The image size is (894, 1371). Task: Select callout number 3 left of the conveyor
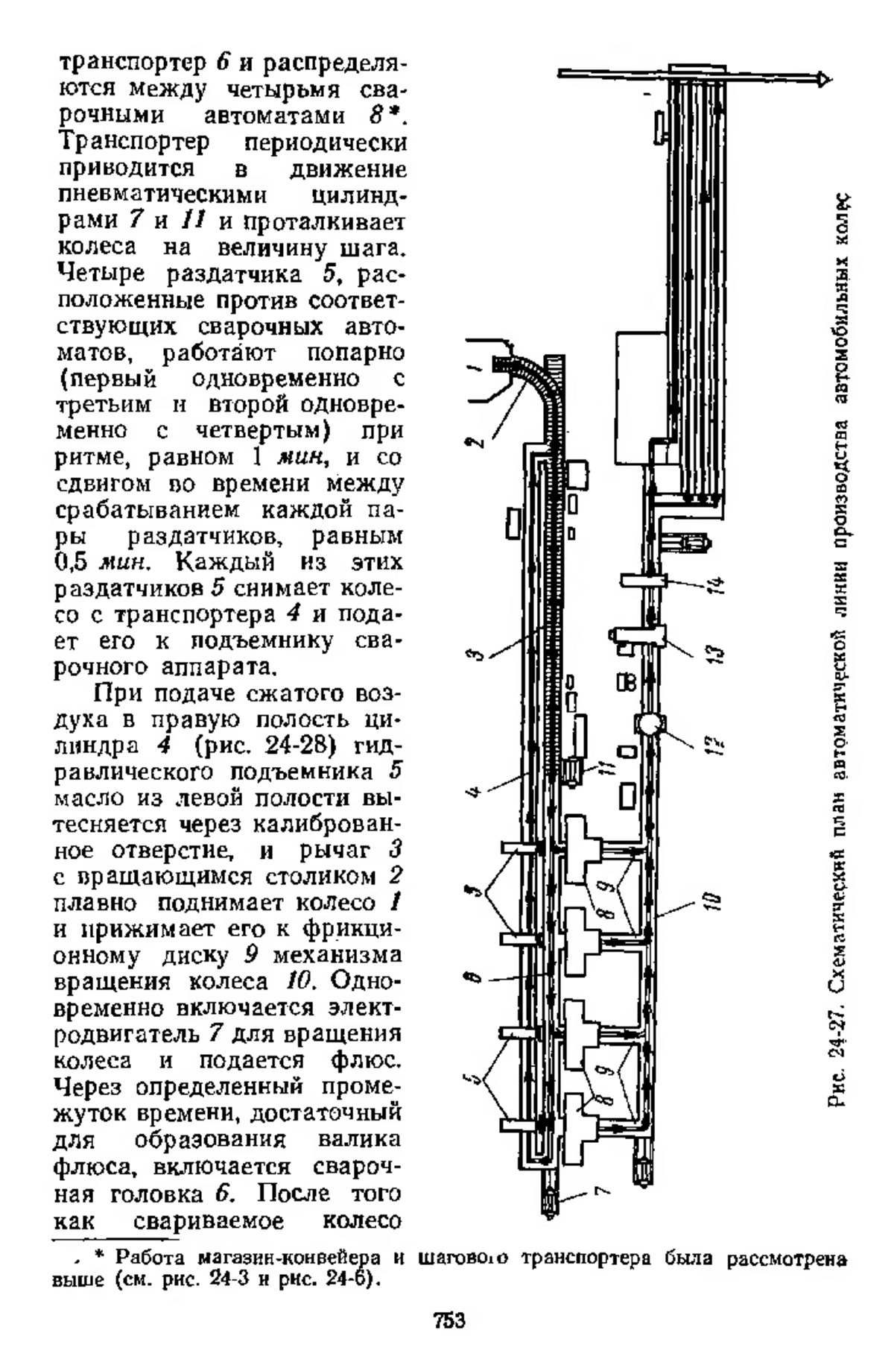pos(480,653)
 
